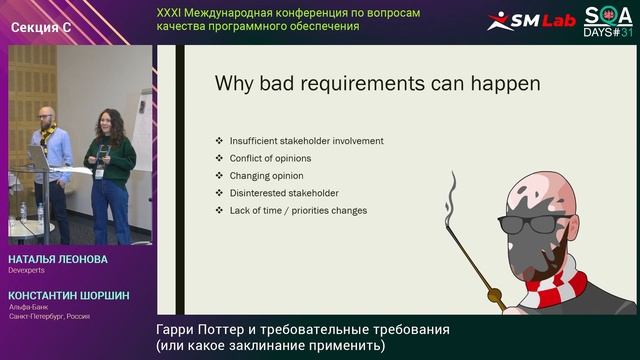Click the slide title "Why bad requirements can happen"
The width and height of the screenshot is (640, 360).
(377, 84)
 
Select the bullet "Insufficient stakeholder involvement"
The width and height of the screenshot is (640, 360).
(305, 141)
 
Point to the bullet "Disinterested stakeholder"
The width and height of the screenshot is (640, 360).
(284, 193)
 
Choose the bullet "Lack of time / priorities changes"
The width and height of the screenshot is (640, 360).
(298, 211)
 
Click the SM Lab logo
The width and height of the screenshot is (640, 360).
(531, 20)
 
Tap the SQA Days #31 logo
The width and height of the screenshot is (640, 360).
(608, 20)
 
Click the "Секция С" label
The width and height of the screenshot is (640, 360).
(41, 27)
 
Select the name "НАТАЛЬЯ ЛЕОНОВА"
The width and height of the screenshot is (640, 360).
(57, 259)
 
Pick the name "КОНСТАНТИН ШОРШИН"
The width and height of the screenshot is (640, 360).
(68, 296)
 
